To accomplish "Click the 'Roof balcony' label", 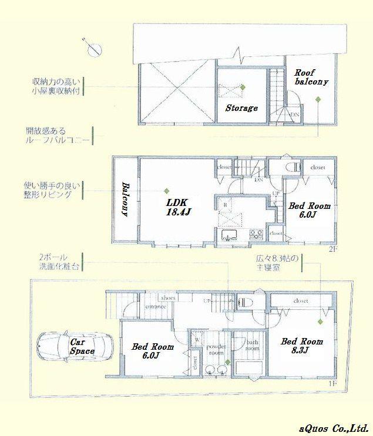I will point(311,77).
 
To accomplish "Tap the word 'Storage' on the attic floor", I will point(241,108).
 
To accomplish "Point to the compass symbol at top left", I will point(92,48).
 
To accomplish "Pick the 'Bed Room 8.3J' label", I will point(301,346).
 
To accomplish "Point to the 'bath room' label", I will point(252,345).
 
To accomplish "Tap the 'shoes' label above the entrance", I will point(167,298).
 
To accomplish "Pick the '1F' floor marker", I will point(332,383).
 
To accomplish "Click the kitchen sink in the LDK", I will point(228,236).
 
